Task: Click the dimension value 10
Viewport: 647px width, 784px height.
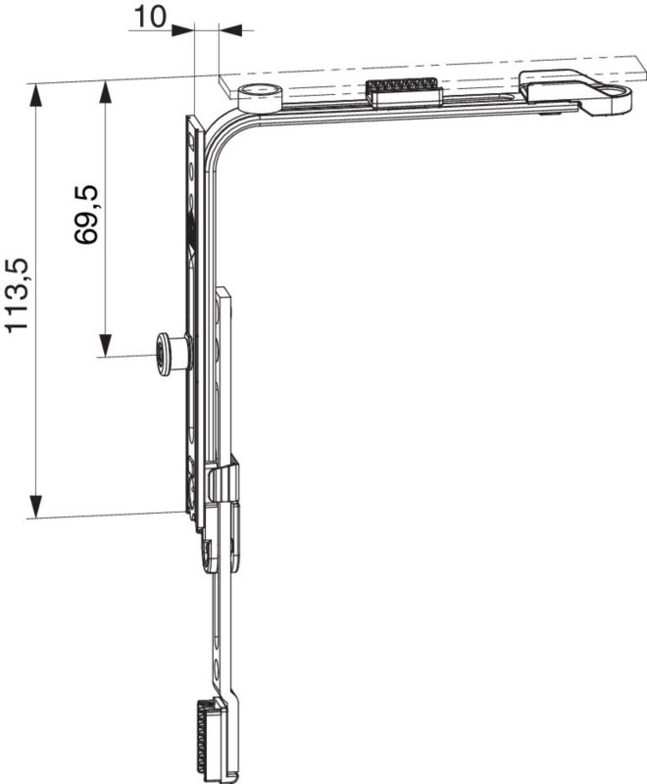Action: (150, 17)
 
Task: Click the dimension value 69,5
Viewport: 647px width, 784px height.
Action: (87, 215)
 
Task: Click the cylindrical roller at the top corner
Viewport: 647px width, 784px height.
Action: (259, 97)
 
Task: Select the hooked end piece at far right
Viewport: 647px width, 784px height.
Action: (575, 92)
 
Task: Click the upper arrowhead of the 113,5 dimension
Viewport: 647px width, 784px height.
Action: (35, 95)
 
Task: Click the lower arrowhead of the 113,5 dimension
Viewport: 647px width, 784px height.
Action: (35, 507)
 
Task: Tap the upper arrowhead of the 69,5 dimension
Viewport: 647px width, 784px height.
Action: (105, 93)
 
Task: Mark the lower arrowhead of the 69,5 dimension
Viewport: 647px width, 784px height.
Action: (105, 344)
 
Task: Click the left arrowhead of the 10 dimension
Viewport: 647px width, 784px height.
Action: (182, 30)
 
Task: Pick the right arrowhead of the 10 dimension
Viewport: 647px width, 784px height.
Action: (230, 30)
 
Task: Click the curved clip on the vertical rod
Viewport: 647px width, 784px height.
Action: (223, 481)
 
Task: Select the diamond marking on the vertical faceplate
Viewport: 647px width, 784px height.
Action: (191, 250)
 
